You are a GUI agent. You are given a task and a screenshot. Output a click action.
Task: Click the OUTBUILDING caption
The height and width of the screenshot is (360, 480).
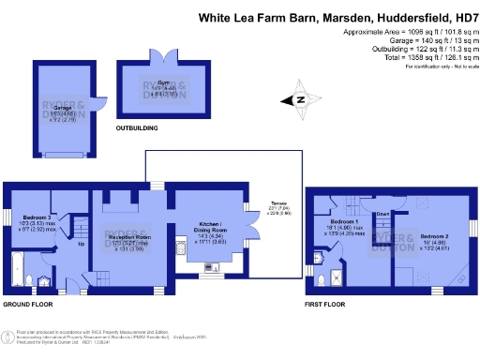pyautogui.click(x=136, y=127)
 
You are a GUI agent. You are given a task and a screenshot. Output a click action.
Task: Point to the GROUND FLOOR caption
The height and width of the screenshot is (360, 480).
pyautogui.click(x=26, y=305)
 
